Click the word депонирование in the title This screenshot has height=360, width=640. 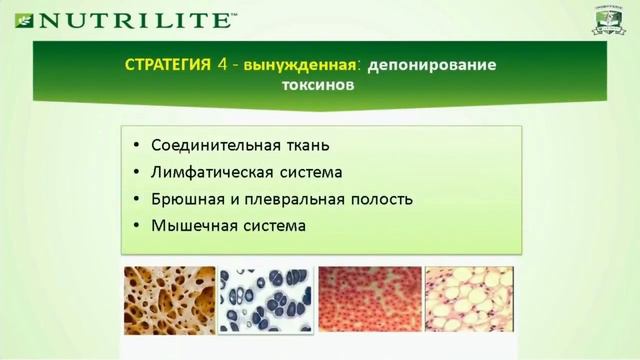point(432,65)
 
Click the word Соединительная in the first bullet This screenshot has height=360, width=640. point(205,145)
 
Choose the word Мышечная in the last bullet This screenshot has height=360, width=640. point(186,225)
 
